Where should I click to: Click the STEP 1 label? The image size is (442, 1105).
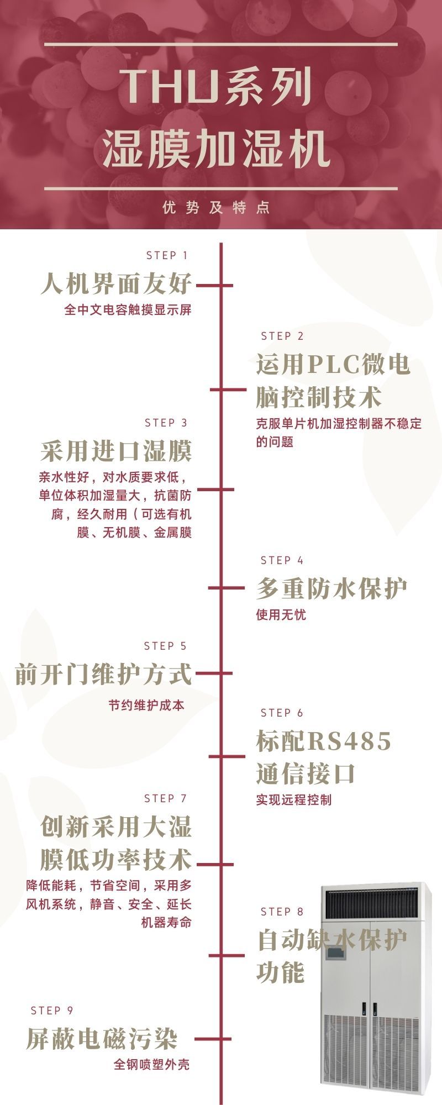click(167, 255)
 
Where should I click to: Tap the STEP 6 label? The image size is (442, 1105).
click(282, 713)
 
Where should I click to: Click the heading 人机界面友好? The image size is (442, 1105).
click(116, 284)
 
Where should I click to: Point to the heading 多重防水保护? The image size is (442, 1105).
click(331, 589)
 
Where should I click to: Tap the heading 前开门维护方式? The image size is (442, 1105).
click(103, 674)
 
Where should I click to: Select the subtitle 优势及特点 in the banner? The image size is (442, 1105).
click(217, 208)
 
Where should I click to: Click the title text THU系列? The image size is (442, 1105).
click(216, 88)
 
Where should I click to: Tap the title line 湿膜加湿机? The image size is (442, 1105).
click(217, 149)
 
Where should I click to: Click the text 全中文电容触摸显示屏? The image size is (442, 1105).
click(128, 309)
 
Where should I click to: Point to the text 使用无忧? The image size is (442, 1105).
click(281, 614)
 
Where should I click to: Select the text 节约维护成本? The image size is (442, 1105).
click(146, 706)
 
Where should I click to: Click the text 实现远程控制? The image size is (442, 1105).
click(293, 799)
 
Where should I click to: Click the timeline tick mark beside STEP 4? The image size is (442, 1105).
click(227, 588)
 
